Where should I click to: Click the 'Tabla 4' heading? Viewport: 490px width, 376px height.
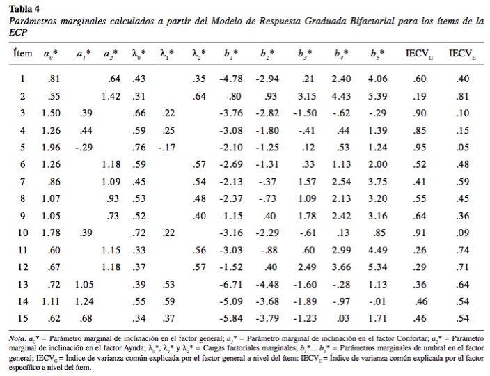pyautogui.click(x=24, y=8)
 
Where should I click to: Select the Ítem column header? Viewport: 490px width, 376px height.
pyautogui.click(x=22, y=53)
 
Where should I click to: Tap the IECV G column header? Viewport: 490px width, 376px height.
pyautogui.click(x=420, y=54)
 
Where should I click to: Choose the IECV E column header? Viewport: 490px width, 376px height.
pyautogui.click(x=462, y=54)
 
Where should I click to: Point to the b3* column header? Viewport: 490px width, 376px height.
pyautogui.click(x=305, y=54)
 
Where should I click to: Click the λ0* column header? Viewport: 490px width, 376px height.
pyautogui.click(x=139, y=54)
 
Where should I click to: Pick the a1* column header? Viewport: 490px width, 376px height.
pyautogui.click(x=84, y=54)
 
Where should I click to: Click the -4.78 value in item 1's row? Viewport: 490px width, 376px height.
pyautogui.click(x=231, y=79)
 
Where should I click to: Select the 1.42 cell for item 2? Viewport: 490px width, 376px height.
pyautogui.click(x=111, y=96)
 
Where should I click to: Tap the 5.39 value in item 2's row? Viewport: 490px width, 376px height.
pyautogui.click(x=377, y=96)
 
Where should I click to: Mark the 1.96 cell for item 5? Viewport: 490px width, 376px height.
pyautogui.click(x=51, y=147)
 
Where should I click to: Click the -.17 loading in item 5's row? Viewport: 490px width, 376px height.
pyautogui.click(x=166, y=147)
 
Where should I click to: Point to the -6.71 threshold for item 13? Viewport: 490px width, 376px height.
pyautogui.click(x=231, y=284)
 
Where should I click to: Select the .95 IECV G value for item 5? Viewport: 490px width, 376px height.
pyautogui.click(x=420, y=147)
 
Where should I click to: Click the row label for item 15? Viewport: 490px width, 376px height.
pyautogui.click(x=23, y=318)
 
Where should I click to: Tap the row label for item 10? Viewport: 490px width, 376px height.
pyautogui.click(x=23, y=233)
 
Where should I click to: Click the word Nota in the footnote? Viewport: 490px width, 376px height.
pyautogui.click(x=16, y=338)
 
